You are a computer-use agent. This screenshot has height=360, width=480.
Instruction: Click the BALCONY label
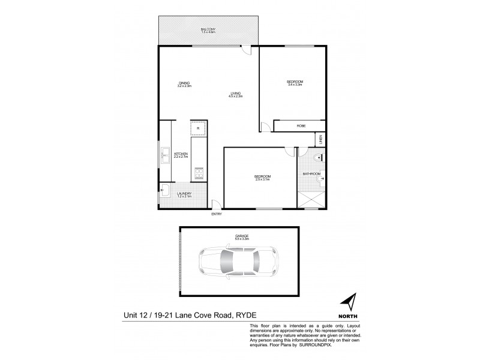click(x=209, y=29)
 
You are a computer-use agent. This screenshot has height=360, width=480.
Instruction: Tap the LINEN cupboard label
click(x=320, y=139)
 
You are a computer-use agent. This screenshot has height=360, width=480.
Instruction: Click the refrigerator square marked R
click(x=198, y=128)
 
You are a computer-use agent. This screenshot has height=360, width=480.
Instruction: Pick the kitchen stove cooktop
click(x=198, y=173)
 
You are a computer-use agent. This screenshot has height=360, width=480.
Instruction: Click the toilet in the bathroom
click(x=319, y=158)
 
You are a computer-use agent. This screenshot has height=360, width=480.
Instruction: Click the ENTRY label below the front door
click(x=215, y=214)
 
